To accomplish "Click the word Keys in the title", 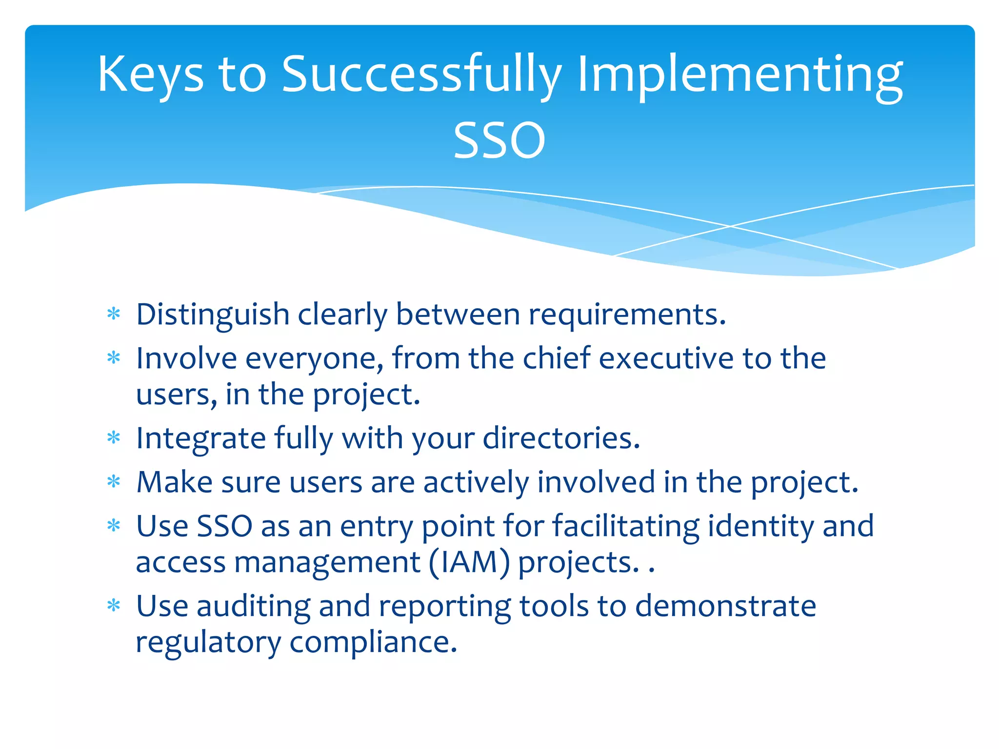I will pyautogui.click(x=150, y=74).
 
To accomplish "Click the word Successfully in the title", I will pyautogui.click(x=421, y=74).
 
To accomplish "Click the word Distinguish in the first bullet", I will pyautogui.click(x=213, y=315).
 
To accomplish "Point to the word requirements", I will pyautogui.click(x=627, y=315).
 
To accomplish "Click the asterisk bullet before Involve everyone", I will pyautogui.click(x=114, y=358).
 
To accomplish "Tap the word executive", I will pyautogui.click(x=666, y=358).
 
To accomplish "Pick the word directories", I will pyautogui.click(x=561, y=438).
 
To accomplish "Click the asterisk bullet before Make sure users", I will pyautogui.click(x=114, y=482).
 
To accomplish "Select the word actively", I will pyautogui.click(x=476, y=482).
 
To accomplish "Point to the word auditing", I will pyautogui.click(x=253, y=606).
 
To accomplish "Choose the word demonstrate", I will pyautogui.click(x=725, y=606).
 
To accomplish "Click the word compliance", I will pyautogui.click(x=373, y=642).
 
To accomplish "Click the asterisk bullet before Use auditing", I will pyautogui.click(x=114, y=606).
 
